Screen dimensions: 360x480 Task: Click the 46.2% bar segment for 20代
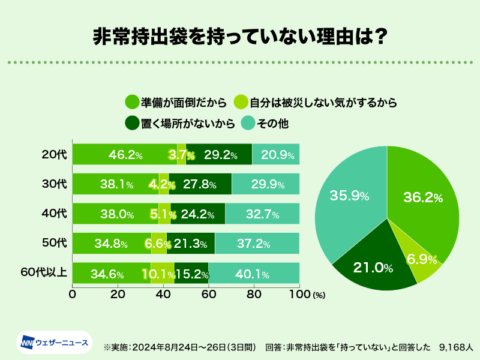(x=125, y=154)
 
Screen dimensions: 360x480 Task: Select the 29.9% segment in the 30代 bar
(x=265, y=184)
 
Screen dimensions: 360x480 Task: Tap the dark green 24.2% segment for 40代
(x=197, y=214)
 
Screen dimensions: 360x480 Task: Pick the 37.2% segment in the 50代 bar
(x=257, y=243)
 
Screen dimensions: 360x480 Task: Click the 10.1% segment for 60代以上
(x=162, y=273)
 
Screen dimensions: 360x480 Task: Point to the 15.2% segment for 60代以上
(x=191, y=273)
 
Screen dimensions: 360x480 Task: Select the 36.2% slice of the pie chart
(x=423, y=198)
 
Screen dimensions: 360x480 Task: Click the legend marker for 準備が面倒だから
(x=131, y=102)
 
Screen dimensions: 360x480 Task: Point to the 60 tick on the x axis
(x=208, y=295)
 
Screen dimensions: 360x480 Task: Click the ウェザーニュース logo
(x=55, y=343)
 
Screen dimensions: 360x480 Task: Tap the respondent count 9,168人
(x=456, y=347)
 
